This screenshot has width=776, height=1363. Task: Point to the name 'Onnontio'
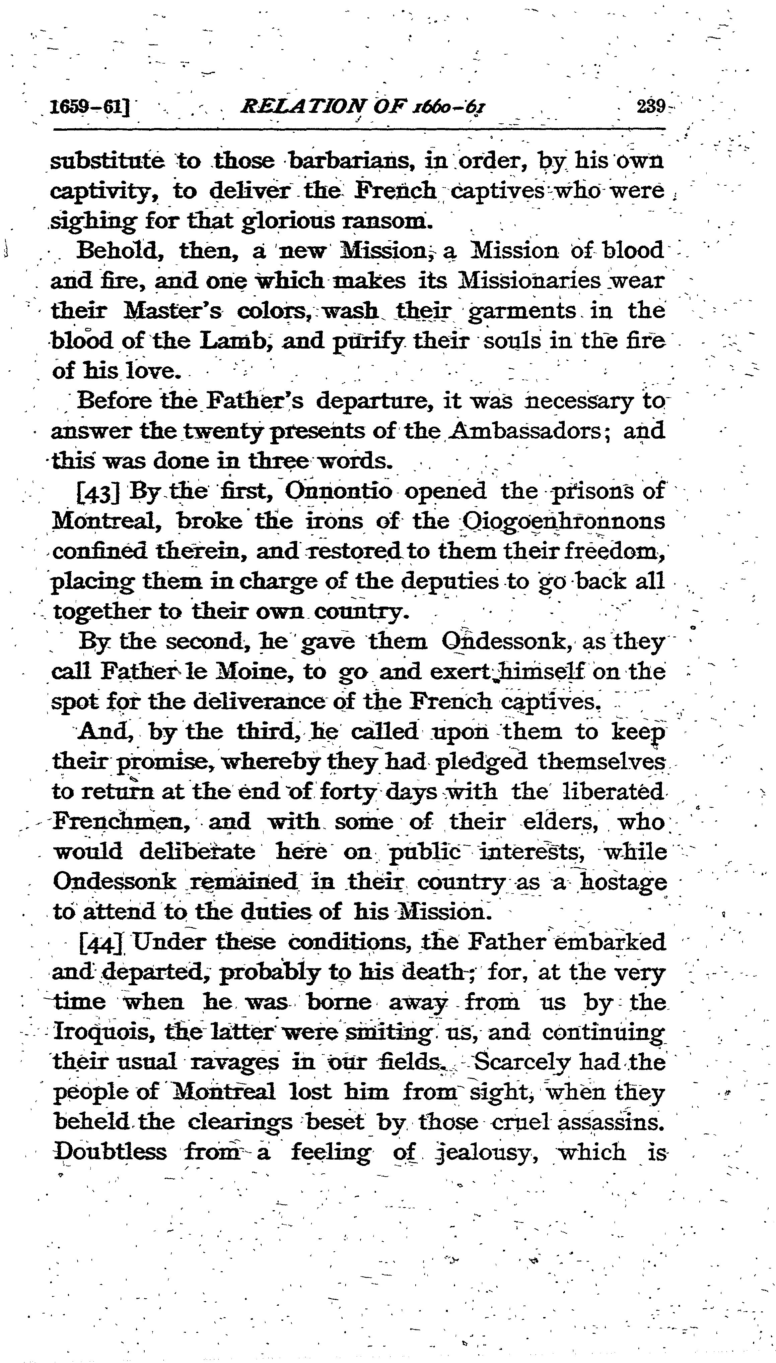(x=339, y=491)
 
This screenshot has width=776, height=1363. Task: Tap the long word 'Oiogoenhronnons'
(x=562, y=521)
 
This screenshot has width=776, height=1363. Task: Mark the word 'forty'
(x=348, y=791)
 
